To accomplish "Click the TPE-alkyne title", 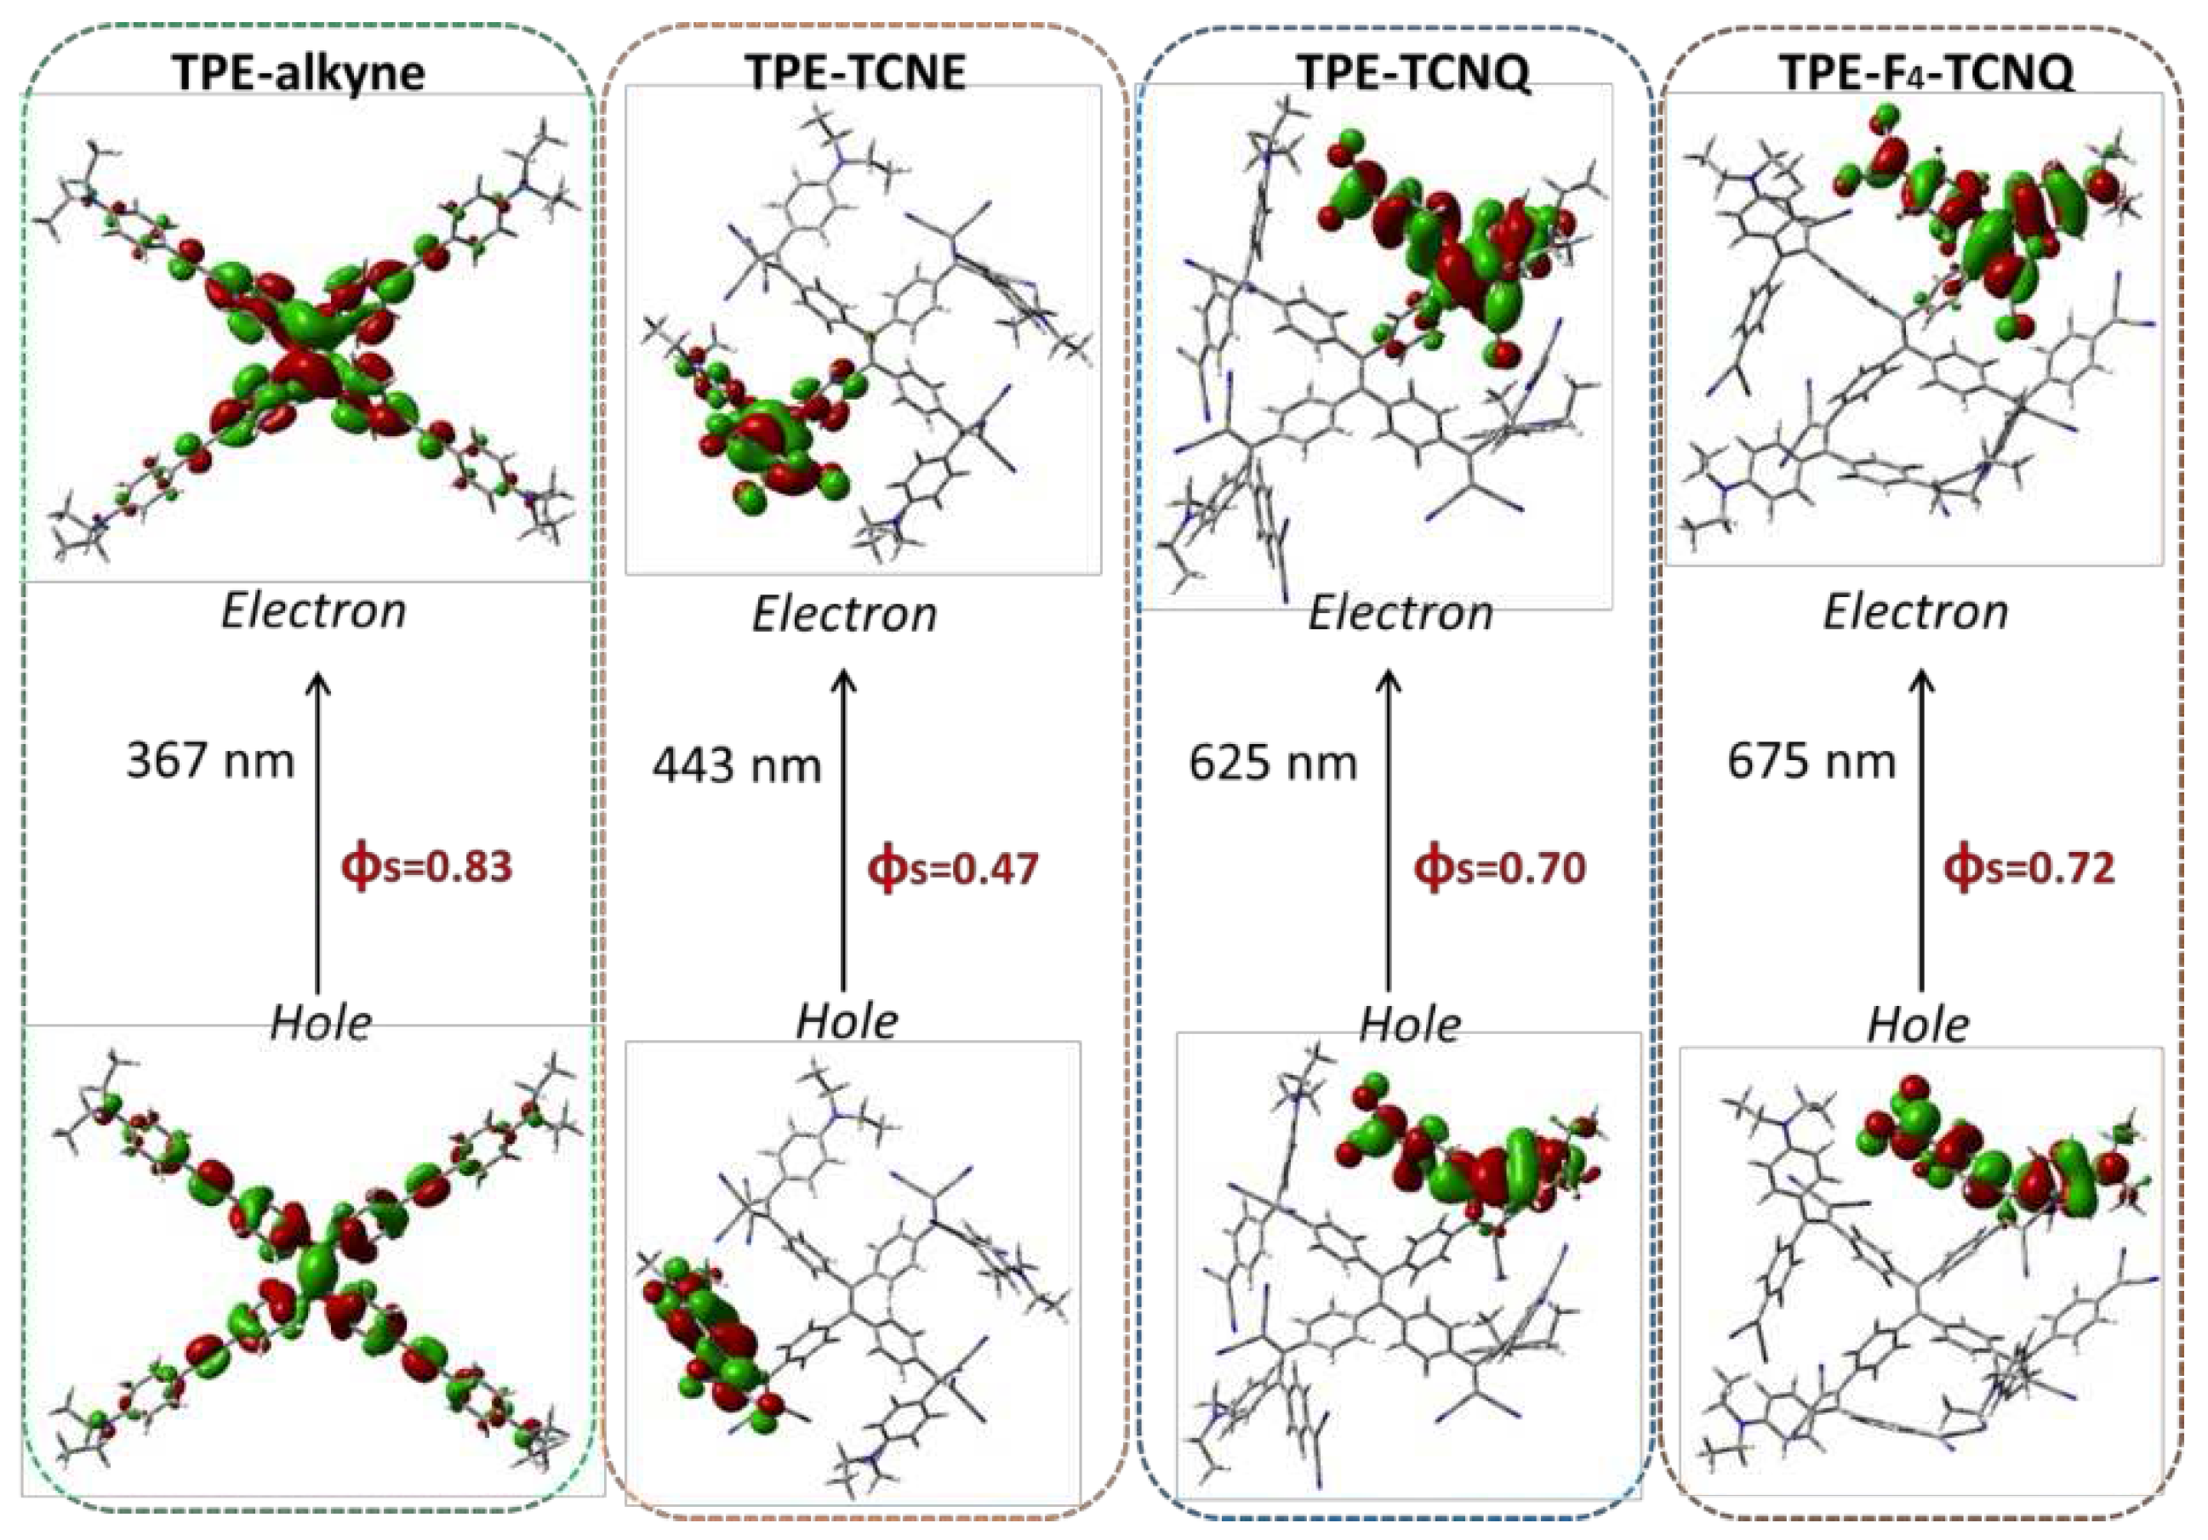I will coord(298,73).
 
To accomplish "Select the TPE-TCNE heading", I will coord(855,71).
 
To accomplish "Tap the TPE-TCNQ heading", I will coord(1412,71).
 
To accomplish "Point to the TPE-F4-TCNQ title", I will coord(1926,71).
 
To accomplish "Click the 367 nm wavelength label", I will coord(209,761).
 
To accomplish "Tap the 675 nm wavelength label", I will coord(1811,762).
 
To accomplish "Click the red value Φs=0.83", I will coord(427,867).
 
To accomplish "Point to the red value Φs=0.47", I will coord(953,869).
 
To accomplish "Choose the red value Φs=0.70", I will coord(1499,869).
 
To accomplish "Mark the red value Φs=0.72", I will coord(2029,869).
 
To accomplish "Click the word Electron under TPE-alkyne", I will coord(313,611).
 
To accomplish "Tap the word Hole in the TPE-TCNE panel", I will coord(847,1021).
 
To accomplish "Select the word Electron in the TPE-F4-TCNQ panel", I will coord(1915,612).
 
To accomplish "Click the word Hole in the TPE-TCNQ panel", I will coord(1410,1025).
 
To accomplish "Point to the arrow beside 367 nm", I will coord(318,832).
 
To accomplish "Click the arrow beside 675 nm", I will coord(1921,832).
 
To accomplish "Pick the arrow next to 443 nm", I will coord(843,832).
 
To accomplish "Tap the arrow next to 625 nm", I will coord(1388,832).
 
